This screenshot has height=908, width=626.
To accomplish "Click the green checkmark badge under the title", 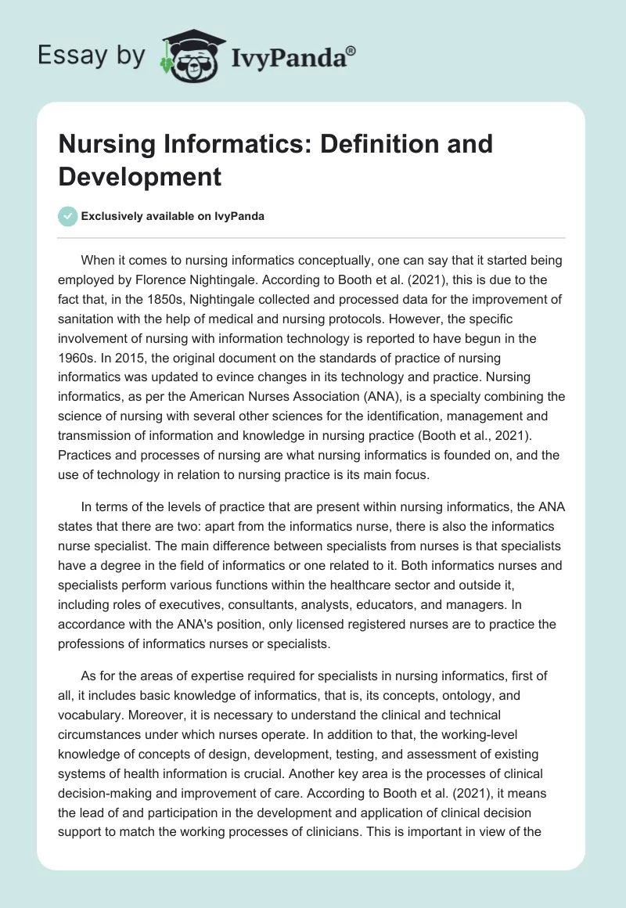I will [68, 216].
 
